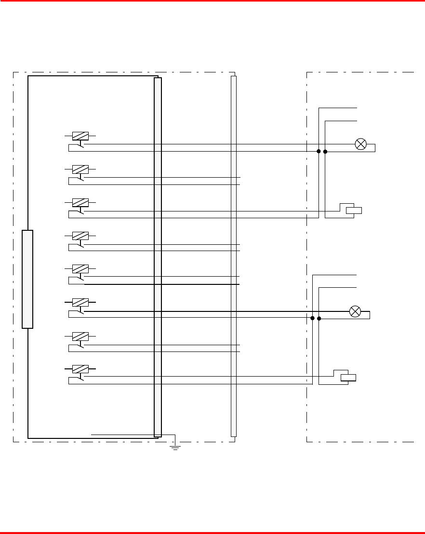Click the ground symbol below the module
click(x=175, y=447)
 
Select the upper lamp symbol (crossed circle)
click(x=360, y=144)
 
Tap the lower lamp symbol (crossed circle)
click(x=355, y=311)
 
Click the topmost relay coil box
click(x=80, y=136)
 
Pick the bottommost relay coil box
click(x=80, y=369)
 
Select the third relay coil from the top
click(x=80, y=203)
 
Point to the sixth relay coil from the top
click(x=80, y=302)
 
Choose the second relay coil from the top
click(x=80, y=169)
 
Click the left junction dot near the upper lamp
click(x=319, y=152)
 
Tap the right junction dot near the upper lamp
click(x=325, y=152)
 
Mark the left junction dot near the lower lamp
click(x=313, y=318)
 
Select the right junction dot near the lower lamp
click(x=319, y=318)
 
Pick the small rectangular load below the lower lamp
click(x=348, y=378)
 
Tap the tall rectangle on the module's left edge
click(x=27, y=279)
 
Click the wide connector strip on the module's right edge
click(x=158, y=257)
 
